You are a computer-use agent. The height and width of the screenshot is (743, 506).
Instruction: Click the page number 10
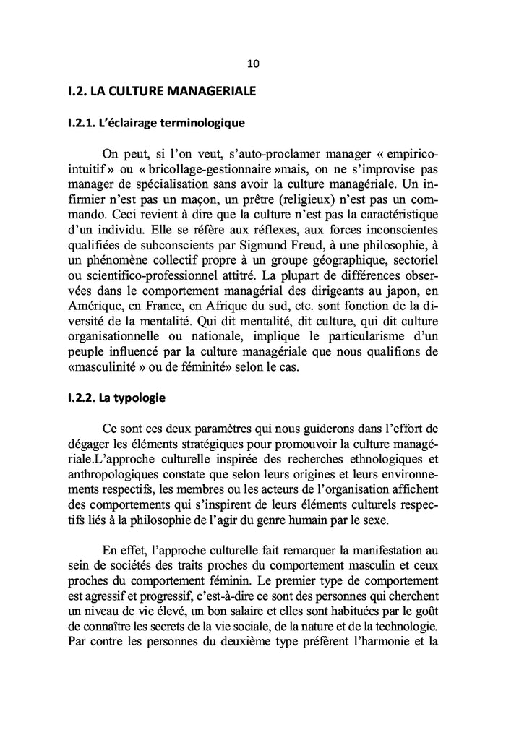coord(253,64)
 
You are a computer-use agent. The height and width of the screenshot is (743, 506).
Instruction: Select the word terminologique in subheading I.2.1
coord(203,123)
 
